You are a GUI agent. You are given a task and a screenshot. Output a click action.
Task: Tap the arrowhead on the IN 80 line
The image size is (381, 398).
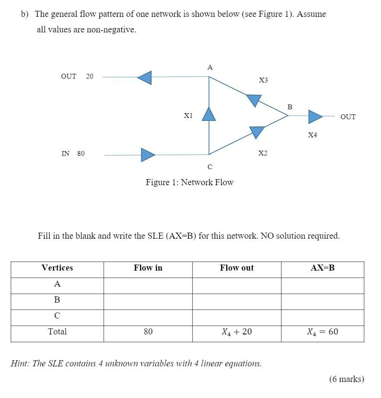coord(147,155)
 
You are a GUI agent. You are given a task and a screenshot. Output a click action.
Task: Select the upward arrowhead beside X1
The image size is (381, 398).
coord(209,114)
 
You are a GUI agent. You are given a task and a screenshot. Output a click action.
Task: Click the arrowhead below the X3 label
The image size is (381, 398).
coord(254,100)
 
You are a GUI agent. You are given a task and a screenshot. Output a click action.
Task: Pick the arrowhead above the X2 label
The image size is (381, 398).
coord(257,131)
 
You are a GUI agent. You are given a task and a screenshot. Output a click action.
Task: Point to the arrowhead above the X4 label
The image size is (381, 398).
coord(315,117)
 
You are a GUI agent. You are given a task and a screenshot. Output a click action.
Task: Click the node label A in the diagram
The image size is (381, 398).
coord(210,67)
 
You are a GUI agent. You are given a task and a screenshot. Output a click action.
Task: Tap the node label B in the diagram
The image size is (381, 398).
coord(290,107)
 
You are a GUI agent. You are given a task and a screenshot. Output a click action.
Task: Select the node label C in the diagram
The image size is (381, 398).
coord(210,167)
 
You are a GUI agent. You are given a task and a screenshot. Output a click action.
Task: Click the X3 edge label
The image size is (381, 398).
coord(264,80)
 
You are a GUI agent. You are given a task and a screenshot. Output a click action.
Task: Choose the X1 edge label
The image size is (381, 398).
coord(188,116)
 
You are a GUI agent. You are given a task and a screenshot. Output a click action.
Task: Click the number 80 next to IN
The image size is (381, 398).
coord(81,154)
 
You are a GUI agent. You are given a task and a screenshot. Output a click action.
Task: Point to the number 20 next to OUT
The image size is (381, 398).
coord(89,76)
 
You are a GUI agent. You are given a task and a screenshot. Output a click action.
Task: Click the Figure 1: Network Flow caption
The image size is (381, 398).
coord(190,182)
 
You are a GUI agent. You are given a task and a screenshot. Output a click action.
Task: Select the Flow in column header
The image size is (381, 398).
coord(148,268)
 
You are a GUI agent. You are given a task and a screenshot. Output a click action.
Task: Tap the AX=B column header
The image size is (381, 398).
coord(323,268)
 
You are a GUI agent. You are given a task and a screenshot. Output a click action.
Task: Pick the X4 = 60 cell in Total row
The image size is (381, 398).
coord(323,332)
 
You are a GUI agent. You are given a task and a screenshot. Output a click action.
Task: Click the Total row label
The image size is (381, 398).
coord(57,332)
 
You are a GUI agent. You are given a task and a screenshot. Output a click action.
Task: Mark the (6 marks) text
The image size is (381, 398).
coord(346,379)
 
